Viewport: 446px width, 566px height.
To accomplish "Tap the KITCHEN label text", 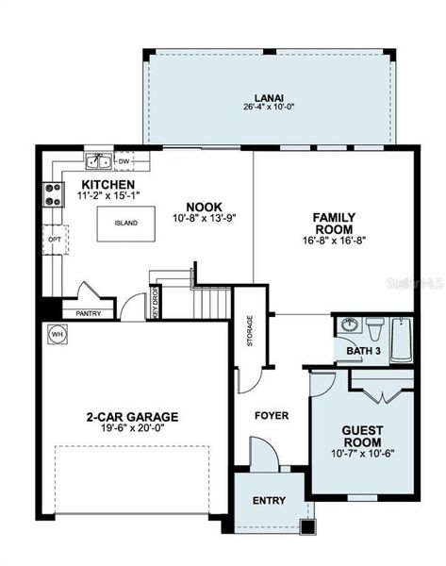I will (107, 184).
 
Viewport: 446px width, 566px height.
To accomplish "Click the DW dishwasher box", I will (124, 161).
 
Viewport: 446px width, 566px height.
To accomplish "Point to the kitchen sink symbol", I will (97, 161).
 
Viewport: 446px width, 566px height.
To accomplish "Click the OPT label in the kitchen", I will (53, 241).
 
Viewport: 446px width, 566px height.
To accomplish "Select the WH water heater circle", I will (57, 334).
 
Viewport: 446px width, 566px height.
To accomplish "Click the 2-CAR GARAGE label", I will (132, 416).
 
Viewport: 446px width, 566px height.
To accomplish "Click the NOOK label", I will (203, 207).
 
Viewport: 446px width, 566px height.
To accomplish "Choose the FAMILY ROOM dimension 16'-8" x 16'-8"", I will (333, 241).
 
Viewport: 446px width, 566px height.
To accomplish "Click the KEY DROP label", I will (157, 305).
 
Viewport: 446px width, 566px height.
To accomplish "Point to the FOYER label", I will (272, 415).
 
